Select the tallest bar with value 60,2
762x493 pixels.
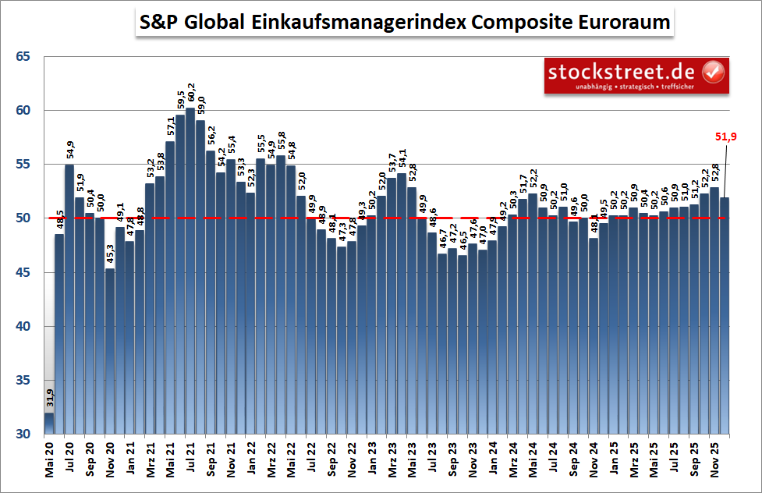tap(190, 273)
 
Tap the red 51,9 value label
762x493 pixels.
tap(725, 137)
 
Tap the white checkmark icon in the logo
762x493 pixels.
tap(714, 73)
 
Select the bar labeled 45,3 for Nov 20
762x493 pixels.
tap(110, 351)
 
